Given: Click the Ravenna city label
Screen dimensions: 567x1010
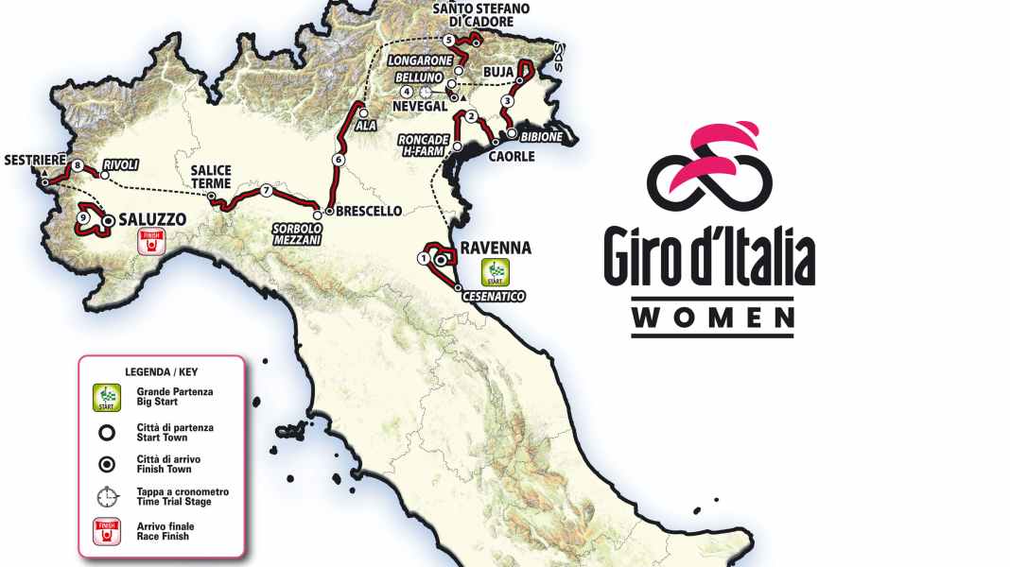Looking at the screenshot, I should (496, 249).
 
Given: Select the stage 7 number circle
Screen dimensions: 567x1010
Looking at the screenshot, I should (267, 190).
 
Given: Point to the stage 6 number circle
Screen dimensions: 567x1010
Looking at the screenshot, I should (338, 160).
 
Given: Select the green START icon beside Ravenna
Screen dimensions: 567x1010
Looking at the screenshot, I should (492, 272).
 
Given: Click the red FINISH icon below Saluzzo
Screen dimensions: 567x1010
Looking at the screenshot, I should (148, 243).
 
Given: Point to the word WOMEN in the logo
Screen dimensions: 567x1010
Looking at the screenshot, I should (713, 318).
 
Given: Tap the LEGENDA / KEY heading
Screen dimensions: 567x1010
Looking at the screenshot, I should (161, 371).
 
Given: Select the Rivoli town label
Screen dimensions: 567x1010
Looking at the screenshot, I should (121, 165).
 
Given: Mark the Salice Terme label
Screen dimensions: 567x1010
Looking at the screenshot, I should (210, 177).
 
